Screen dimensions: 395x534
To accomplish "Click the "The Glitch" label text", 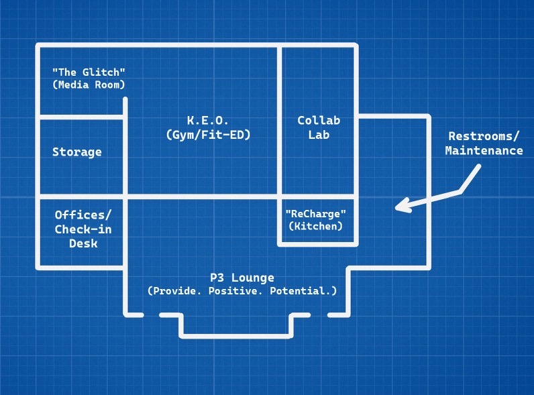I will point(89,72).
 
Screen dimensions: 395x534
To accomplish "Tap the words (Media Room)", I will point(89,85).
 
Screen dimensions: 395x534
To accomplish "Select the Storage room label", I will point(77,152).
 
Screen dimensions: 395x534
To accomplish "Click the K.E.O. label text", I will point(208,121).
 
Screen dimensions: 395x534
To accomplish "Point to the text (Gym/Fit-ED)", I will point(208,134).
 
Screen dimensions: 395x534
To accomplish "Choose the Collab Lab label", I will point(319,127).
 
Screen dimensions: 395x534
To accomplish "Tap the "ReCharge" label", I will point(316,213).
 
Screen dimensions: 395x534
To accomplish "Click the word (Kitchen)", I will point(316,226).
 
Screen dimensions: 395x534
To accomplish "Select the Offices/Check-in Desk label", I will point(83,229).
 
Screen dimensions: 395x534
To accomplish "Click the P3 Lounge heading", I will point(242,278).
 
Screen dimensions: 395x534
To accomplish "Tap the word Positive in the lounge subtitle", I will point(244,291).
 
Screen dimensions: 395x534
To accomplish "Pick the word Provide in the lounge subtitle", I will point(178,291).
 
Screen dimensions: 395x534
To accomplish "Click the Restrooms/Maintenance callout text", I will point(484,144).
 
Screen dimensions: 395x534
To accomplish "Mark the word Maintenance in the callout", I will point(484,151).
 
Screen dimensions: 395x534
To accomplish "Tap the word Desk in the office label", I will point(83,243).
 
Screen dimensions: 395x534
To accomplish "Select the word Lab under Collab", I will point(319,134).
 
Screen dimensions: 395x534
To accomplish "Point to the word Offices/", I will point(83,215).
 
